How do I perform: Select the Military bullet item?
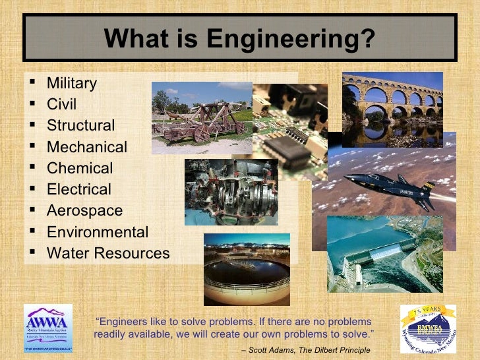(x=71, y=84)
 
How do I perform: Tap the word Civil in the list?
(x=61, y=105)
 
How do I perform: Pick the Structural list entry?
(x=80, y=126)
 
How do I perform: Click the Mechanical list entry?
(x=86, y=147)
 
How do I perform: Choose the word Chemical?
(x=80, y=168)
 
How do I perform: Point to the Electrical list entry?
(x=79, y=189)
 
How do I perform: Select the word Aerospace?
(x=84, y=211)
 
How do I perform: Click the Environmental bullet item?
(x=97, y=232)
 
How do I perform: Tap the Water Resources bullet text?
(x=108, y=253)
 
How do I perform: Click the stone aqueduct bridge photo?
(x=392, y=109)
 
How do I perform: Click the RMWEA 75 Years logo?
(x=428, y=328)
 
